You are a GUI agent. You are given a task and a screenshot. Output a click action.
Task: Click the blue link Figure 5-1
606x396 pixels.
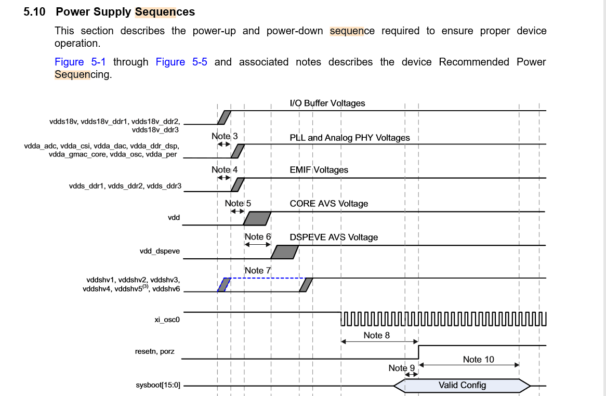tap(80, 62)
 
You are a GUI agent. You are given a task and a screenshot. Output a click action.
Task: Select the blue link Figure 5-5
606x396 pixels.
tap(181, 62)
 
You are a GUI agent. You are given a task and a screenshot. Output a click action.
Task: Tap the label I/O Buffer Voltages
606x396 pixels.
tap(327, 103)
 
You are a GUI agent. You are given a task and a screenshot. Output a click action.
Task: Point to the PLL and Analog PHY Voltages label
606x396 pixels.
tap(350, 138)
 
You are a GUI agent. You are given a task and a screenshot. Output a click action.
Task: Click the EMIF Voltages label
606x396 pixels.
tap(319, 170)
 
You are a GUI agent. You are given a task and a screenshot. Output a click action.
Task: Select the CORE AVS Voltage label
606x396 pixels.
tap(328, 203)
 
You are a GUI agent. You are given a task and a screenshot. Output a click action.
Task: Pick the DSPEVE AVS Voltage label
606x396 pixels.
tap(334, 237)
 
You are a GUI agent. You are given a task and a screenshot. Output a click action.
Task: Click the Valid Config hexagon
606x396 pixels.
tap(462, 385)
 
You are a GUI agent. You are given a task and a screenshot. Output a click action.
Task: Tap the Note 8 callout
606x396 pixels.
tap(376, 335)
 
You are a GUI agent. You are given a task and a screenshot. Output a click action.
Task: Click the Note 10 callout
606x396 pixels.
tap(478, 359)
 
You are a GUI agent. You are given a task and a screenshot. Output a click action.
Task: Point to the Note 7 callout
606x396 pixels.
tap(258, 270)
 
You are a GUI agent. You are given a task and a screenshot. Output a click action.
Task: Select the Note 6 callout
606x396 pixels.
tap(258, 236)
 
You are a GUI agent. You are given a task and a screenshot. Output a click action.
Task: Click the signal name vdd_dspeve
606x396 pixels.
tap(160, 251)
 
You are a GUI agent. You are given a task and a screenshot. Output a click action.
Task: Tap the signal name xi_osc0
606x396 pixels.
tap(167, 320)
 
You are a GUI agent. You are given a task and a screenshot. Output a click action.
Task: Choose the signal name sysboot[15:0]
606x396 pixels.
tap(157, 386)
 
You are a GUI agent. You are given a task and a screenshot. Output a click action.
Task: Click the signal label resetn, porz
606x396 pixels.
tap(155, 351)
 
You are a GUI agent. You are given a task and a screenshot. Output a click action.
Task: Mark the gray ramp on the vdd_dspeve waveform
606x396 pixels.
tap(284, 252)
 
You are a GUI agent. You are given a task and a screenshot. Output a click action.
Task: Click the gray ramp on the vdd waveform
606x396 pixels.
tap(257, 218)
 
